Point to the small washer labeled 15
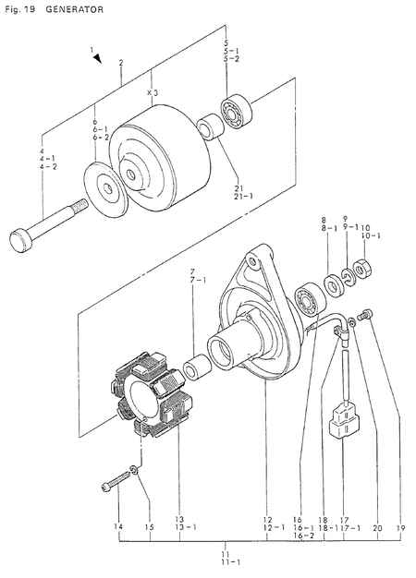[x=136, y=473]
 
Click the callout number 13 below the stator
[x=179, y=519]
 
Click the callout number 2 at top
[x=121, y=62]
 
